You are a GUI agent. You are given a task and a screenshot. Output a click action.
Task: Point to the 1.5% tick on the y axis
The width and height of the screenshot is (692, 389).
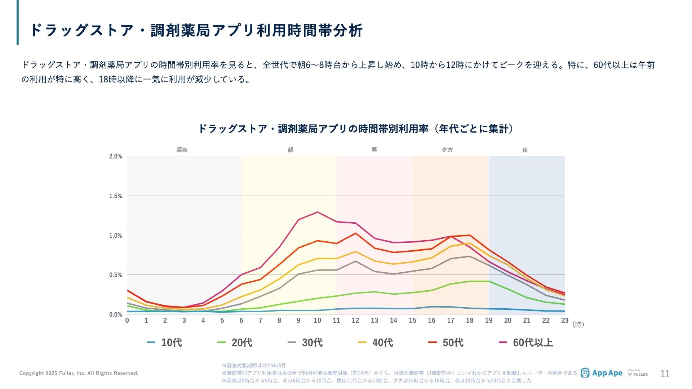coord(116,196)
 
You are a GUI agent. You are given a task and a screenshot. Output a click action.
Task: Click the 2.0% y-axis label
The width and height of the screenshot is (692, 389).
coord(116,156)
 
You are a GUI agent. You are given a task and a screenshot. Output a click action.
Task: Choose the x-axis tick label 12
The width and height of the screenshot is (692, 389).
coord(355,321)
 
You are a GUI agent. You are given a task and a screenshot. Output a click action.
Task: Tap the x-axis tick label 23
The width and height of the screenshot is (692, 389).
coord(565,321)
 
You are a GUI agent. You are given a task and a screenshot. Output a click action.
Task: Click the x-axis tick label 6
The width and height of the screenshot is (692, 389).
coord(241,321)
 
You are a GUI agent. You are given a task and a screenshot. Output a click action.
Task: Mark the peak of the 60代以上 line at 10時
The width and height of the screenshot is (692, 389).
coord(318,212)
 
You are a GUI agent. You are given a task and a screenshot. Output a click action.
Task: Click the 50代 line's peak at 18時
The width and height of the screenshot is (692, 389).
coord(470,235)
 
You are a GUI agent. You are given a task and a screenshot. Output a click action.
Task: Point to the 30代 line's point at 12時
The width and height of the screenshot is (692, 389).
coord(355,261)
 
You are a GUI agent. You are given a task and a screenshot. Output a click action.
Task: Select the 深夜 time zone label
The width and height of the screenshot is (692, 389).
coord(182,150)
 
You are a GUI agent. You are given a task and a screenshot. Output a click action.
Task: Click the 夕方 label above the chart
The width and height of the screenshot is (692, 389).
coord(447,150)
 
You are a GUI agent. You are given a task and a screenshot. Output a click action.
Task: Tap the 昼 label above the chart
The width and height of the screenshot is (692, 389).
coord(374,150)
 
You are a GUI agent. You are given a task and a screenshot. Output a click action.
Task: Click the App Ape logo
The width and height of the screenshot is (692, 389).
coord(602,373)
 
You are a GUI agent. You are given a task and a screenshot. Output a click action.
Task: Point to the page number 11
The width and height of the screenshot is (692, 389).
coord(665,374)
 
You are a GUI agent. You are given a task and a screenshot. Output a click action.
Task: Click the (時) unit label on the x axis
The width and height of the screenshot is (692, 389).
coord(578,325)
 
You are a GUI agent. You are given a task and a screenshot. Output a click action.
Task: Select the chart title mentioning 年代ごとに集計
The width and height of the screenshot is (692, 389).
coord(356,129)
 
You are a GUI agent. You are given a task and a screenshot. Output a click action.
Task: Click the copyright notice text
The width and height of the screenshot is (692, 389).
coord(79,373)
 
